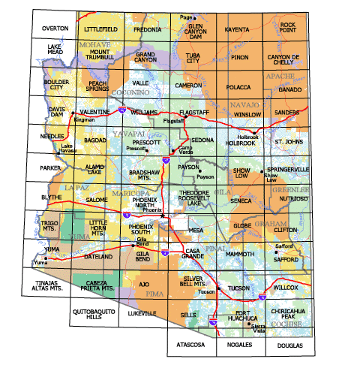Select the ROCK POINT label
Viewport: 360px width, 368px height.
click(x=288, y=27)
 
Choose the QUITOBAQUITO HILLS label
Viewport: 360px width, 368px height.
click(x=93, y=314)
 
